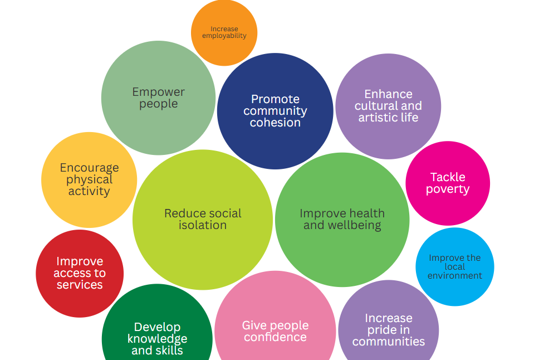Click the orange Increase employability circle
(x=224, y=33)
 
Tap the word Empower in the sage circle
(x=159, y=93)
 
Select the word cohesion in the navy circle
(x=275, y=123)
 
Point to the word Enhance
(x=389, y=94)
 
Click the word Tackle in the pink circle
(x=448, y=177)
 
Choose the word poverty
(x=448, y=189)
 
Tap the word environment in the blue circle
(x=455, y=276)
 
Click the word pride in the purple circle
(x=389, y=330)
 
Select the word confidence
(x=275, y=337)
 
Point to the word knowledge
(x=158, y=339)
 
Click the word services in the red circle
(x=80, y=285)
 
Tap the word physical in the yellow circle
(x=90, y=180)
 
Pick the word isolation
(x=203, y=225)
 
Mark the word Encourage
(x=90, y=168)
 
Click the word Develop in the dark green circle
(x=158, y=327)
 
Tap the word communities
(x=389, y=342)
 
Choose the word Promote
(x=275, y=99)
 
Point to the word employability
(x=224, y=36)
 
